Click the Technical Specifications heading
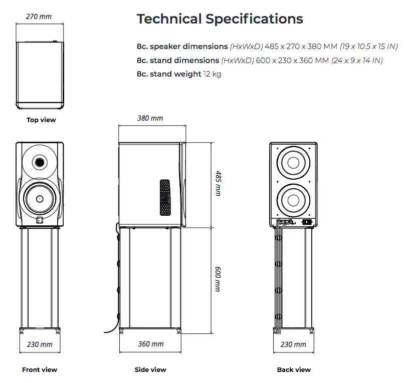tap(220, 19)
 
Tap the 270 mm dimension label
tap(39, 17)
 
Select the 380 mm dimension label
tap(150, 119)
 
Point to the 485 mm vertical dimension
tap(218, 183)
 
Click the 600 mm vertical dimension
tap(218, 279)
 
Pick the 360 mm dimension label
tap(150, 344)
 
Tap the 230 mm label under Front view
tap(40, 344)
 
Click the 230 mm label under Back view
tap(293, 344)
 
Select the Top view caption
tap(41, 120)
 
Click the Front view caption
tap(40, 370)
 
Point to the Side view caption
tap(150, 370)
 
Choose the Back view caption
tap(294, 370)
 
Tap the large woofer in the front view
tap(39, 198)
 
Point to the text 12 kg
tap(212, 74)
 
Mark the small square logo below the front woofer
tap(40, 219)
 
